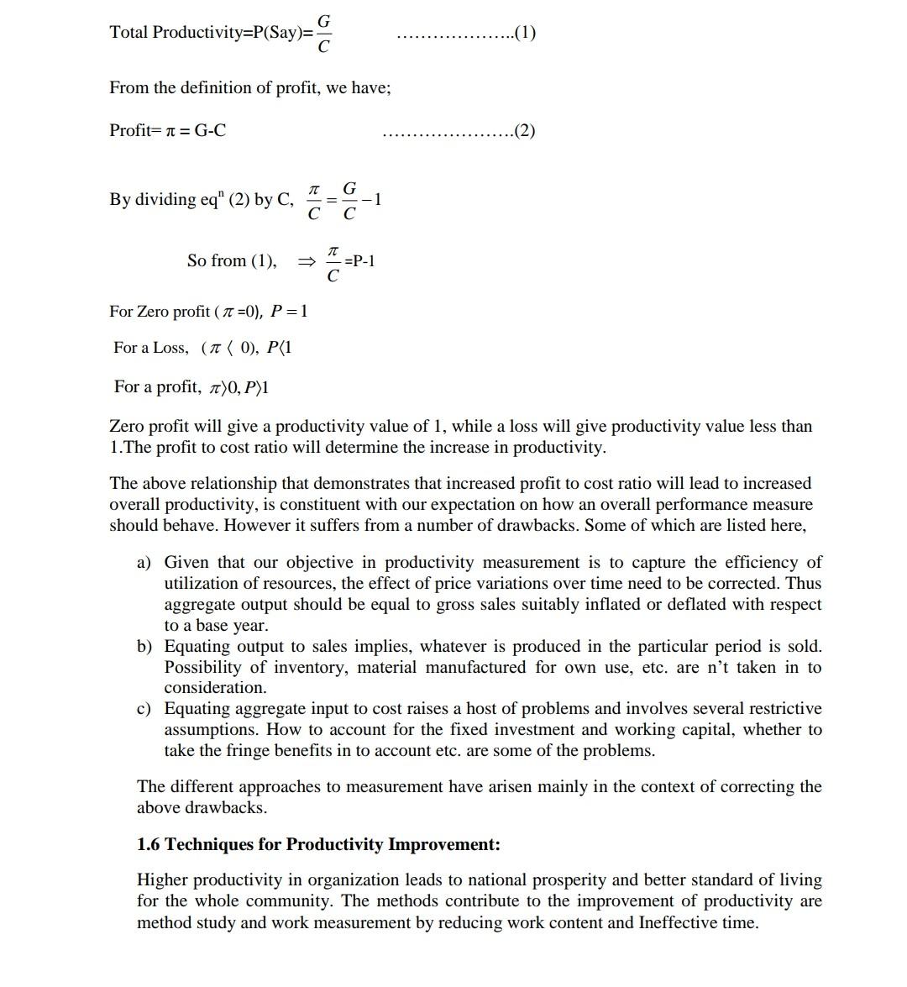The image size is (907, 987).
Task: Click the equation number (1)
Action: (525, 33)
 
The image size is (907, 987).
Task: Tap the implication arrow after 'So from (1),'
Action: (307, 261)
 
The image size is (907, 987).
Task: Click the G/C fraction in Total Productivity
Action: (323, 33)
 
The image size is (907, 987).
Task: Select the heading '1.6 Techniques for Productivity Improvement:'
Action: (318, 844)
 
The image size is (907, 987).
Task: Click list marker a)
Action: (144, 562)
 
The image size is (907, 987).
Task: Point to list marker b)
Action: (144, 646)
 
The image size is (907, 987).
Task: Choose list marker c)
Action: (144, 709)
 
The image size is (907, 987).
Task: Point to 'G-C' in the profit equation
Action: (210, 130)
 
